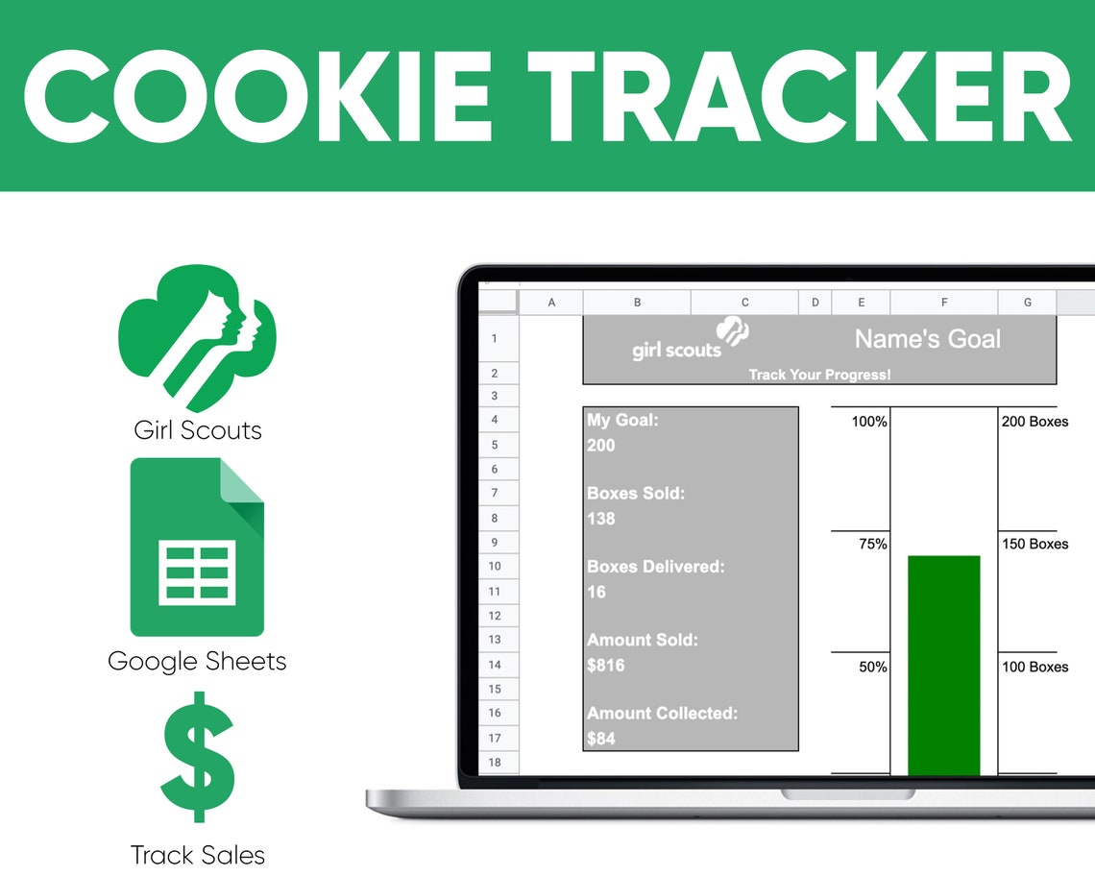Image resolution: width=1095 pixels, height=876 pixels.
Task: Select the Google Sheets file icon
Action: click(197, 547)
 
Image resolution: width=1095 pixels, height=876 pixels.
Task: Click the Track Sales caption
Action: click(198, 855)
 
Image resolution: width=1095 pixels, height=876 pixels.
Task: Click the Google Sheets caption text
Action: click(197, 661)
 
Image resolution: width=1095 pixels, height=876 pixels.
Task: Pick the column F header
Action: click(944, 303)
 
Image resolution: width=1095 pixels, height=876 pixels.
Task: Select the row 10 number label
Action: click(495, 567)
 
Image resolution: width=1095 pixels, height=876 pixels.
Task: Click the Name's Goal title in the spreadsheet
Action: click(927, 339)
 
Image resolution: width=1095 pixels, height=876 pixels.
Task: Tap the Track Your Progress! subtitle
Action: click(819, 375)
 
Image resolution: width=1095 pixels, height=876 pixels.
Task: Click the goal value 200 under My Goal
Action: click(601, 446)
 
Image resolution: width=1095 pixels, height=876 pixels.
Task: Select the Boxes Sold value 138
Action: click(601, 519)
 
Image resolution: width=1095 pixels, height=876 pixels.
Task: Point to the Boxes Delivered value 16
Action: click(596, 592)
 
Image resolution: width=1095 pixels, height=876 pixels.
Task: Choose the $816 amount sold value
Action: click(606, 665)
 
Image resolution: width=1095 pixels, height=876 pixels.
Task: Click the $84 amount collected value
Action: click(601, 739)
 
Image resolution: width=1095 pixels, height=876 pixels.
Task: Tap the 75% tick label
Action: click(872, 545)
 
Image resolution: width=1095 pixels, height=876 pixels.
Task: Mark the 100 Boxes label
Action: click(1034, 667)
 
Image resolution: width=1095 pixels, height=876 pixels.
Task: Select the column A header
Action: click(551, 303)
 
